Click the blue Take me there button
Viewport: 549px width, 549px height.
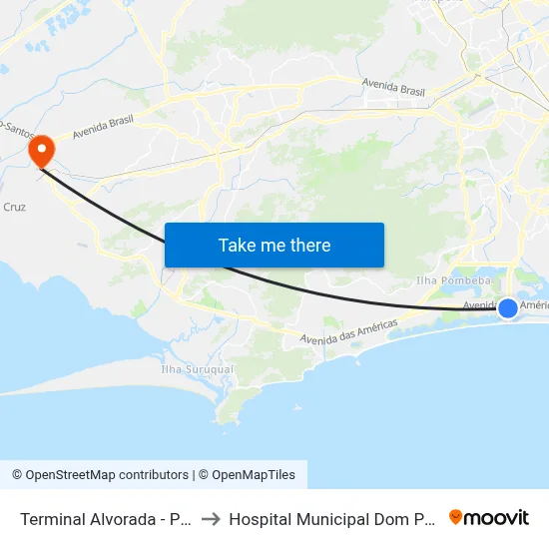[274, 245]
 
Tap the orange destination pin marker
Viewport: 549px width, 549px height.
[42, 151]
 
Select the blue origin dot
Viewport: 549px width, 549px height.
[508, 307]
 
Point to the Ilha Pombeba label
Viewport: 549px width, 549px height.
[454, 280]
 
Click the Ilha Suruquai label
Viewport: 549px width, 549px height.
[197, 368]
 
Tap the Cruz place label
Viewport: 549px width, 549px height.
[15, 207]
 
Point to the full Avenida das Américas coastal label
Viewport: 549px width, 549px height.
[349, 333]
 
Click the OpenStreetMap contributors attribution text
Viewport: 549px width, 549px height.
[107, 475]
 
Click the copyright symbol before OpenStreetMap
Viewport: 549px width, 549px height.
[17, 475]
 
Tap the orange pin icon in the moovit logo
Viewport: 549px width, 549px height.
[457, 517]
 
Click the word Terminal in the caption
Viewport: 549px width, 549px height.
[53, 519]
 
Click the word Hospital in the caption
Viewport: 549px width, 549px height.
[262, 519]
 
